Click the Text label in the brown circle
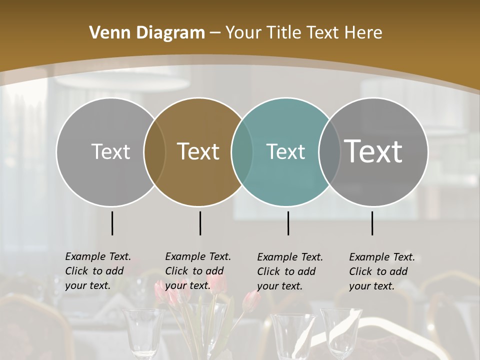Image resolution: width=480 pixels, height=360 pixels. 198,151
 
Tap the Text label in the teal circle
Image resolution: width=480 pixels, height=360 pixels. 285,151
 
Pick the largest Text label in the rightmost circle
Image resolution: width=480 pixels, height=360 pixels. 373,151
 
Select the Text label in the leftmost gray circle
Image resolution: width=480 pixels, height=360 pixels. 110,151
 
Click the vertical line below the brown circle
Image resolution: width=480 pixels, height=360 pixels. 200,223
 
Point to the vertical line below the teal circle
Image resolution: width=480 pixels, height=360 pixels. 288,223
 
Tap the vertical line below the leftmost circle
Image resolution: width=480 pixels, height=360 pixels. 112,223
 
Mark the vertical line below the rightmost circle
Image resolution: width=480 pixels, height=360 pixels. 372,223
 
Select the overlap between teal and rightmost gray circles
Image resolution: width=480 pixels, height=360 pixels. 329,151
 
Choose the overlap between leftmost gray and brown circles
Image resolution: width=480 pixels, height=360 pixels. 154,151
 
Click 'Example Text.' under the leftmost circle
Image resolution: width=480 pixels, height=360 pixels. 98,256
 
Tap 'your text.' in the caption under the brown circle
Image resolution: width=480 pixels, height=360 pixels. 187,285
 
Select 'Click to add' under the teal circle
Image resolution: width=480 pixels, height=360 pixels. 286,271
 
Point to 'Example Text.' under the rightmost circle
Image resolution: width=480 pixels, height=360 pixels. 382,257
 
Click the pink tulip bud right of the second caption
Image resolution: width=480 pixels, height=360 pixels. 251,301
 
